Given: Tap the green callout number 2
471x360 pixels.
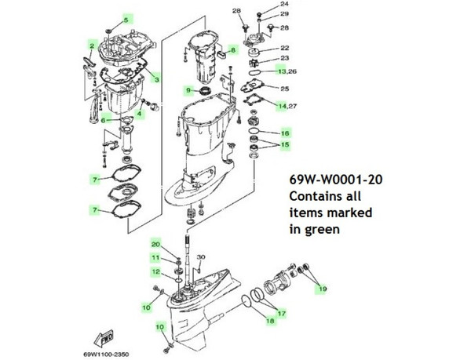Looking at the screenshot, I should pos(92,47).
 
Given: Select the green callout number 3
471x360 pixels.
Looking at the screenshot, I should pos(156,78).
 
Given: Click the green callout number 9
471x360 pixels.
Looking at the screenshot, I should pos(189,90).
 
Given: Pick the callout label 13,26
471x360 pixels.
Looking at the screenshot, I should pos(287,71).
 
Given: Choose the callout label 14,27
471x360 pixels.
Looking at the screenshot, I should pos(287,105).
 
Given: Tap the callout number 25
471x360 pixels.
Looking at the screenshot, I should pos(285,89).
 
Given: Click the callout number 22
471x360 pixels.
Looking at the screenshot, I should pos(285,47).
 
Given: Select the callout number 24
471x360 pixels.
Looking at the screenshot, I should pos(284,5).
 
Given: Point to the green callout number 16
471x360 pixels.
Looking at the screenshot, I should pos(285,134).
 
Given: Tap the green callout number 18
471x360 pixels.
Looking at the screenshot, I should pos(269,321).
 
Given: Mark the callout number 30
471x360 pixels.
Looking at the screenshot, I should pos(201,257).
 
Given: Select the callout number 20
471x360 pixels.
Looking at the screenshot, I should pos(155,244).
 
